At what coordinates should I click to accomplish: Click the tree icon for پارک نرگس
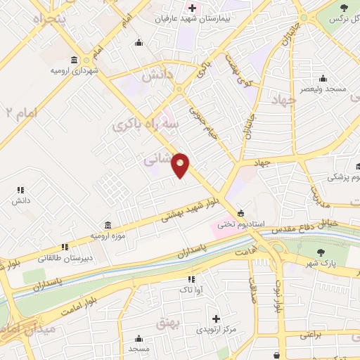coord(344,9)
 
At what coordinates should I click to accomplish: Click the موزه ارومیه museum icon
coord(107,225)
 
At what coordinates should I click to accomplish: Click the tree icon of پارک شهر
coord(321,252)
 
